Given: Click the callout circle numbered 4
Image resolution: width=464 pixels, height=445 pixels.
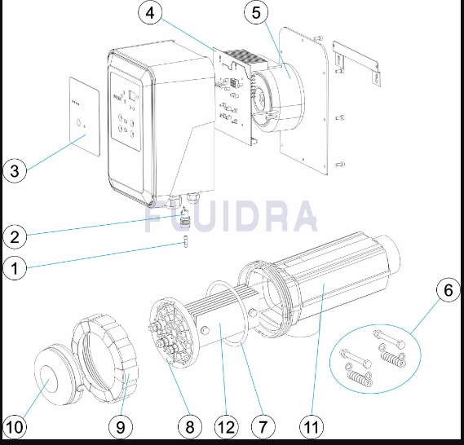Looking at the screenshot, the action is [150, 13].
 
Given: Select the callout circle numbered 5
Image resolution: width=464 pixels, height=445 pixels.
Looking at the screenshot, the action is [256, 13].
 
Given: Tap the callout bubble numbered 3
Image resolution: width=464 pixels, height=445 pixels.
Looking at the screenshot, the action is [15, 171].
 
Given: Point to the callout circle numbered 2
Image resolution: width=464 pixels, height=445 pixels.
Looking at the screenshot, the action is [15, 237].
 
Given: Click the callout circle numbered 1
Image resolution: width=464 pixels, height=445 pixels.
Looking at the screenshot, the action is [15, 268].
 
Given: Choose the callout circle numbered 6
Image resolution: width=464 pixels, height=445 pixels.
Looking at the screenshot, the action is [449, 290].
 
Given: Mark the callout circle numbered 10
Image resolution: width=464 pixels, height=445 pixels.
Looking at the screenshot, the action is [15, 427].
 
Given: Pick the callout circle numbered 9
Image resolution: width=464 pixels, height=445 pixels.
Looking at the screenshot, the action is [121, 427].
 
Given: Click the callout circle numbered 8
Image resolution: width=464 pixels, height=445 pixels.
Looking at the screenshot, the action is [190, 427].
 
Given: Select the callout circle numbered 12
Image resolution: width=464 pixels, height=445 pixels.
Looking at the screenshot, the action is [227, 427].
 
